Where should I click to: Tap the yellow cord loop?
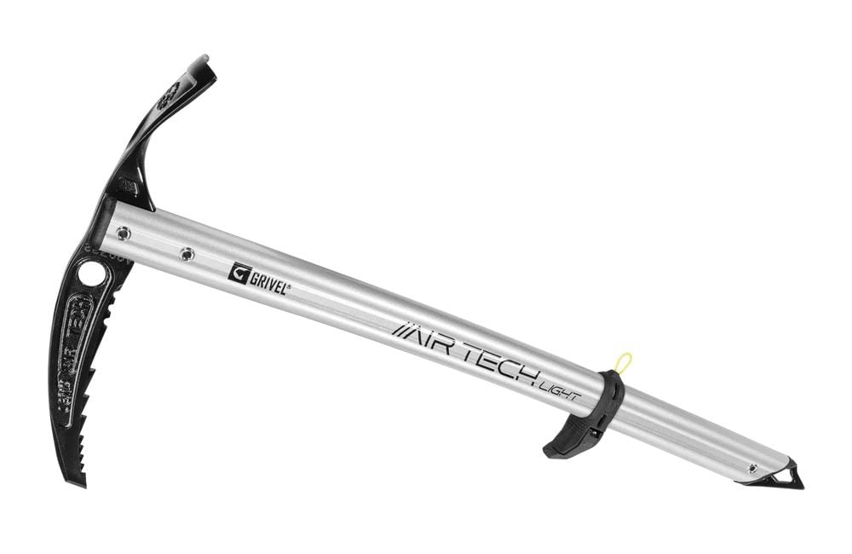(x=625, y=361)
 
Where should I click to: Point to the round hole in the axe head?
(x=91, y=274)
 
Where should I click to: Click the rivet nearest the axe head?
(x=124, y=231)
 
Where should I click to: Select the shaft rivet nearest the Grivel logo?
(x=187, y=253)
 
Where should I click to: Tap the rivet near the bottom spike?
(x=751, y=467)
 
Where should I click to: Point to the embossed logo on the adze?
(x=169, y=96)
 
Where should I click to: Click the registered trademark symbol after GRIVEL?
(x=290, y=287)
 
